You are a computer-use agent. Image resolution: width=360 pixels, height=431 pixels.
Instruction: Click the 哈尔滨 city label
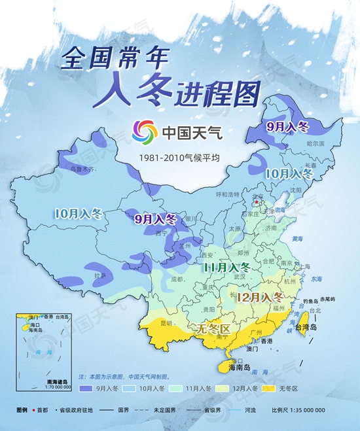pyautogui.click(x=315, y=143)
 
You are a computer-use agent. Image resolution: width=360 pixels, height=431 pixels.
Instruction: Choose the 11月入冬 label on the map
pyautogui.click(x=226, y=267)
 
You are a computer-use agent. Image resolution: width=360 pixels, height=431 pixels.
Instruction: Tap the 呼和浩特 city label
pyautogui.click(x=228, y=194)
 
